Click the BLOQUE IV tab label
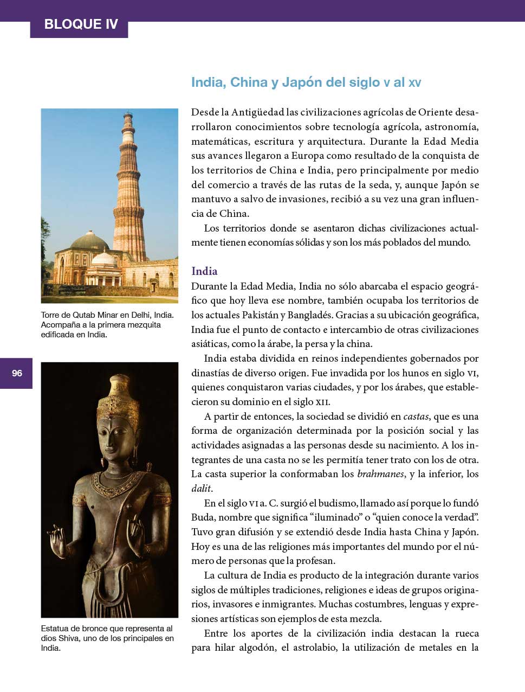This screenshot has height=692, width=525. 80,24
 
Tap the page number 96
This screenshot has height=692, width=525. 17,373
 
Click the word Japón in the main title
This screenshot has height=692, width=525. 300,82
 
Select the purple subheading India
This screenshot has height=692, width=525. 204,271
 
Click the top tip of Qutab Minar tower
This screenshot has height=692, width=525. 128,113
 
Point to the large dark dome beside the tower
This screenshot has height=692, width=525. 90,240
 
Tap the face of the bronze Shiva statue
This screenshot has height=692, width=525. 115,434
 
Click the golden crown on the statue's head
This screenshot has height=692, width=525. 116,396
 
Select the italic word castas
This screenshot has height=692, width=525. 416,417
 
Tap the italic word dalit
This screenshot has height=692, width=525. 200,489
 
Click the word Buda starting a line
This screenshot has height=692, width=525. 203,517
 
